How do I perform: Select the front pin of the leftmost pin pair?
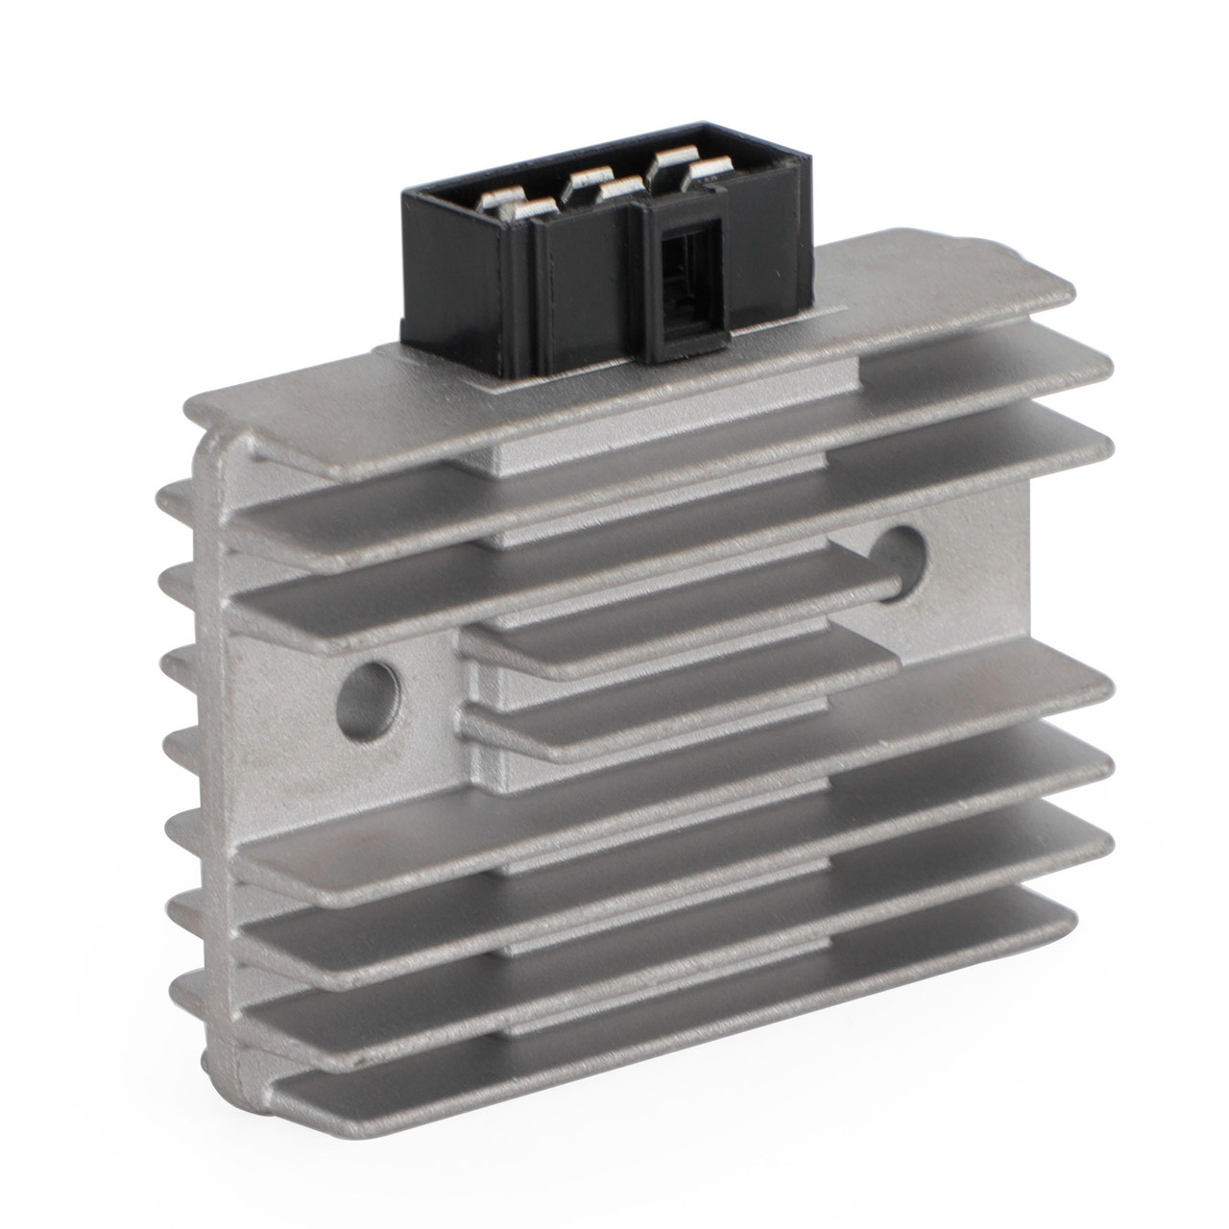tap(525, 206)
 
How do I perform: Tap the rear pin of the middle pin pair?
tap(587, 178)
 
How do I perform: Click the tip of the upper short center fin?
tap(888, 576)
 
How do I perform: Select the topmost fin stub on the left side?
tap(173, 495)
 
